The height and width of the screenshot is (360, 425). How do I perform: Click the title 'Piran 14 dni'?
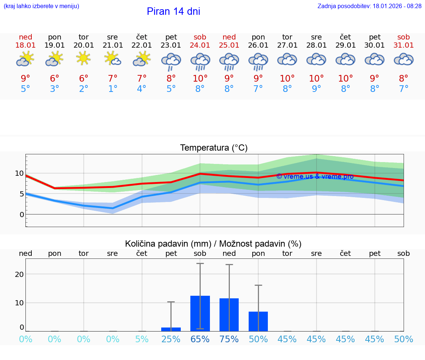click(x=173, y=11)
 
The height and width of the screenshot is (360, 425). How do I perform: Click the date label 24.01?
click(x=200, y=45)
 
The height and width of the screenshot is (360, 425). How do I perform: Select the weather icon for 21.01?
click(x=113, y=59)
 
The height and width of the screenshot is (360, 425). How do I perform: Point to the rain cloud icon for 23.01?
click(x=171, y=61)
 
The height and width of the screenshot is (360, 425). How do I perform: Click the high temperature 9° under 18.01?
click(x=25, y=79)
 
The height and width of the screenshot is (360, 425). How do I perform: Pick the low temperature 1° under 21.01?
click(x=113, y=89)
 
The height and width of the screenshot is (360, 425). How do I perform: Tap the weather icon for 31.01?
click(x=404, y=59)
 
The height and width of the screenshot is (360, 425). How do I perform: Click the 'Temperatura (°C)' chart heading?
click(x=214, y=148)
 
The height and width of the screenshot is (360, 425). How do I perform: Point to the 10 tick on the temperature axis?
click(x=19, y=173)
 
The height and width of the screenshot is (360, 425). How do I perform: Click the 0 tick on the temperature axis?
click(x=22, y=215)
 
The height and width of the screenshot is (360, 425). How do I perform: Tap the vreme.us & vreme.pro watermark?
click(x=315, y=176)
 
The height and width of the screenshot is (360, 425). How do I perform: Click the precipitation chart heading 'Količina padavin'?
click(x=213, y=244)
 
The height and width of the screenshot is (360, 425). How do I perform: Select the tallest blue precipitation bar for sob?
click(x=200, y=313)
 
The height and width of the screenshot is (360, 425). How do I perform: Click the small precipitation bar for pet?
click(x=171, y=329)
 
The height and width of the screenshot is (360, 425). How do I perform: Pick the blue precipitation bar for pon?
click(x=258, y=321)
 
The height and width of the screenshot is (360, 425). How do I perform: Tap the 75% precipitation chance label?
click(x=229, y=339)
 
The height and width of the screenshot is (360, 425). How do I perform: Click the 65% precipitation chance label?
click(x=200, y=339)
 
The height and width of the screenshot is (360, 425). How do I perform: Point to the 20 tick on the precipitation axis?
click(x=19, y=274)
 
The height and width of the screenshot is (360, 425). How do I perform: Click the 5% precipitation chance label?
click(x=142, y=339)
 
